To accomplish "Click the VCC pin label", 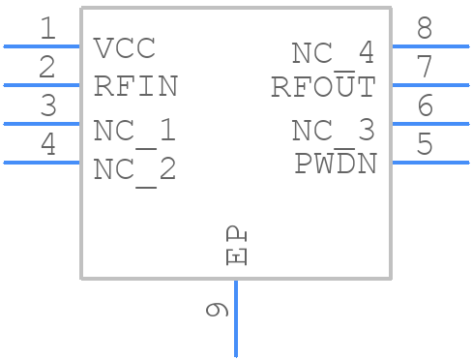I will pyautogui.click(x=125, y=47).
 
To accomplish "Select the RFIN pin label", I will pyautogui.click(x=135, y=86).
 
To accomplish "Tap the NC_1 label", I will pyautogui.click(x=134, y=131).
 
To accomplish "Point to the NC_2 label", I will pyautogui.click(x=134, y=169).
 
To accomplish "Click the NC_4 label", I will pyautogui.click(x=333, y=53).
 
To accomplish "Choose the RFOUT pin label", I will pyautogui.click(x=323, y=87).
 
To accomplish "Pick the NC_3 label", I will pyautogui.click(x=333, y=131).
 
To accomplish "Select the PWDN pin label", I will pyautogui.click(x=335, y=164).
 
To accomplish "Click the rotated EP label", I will pyautogui.click(x=236, y=247).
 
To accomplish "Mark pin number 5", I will pyautogui.click(x=425, y=145).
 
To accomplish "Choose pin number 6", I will pyautogui.click(x=425, y=106).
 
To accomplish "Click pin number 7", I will pyautogui.click(x=425, y=68).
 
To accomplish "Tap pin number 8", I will pyautogui.click(x=425, y=29).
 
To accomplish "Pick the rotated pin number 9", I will pyautogui.click(x=218, y=310).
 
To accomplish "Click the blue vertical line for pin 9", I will pyautogui.click(x=236, y=319).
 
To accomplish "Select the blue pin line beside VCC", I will pyautogui.click(x=43, y=45).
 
